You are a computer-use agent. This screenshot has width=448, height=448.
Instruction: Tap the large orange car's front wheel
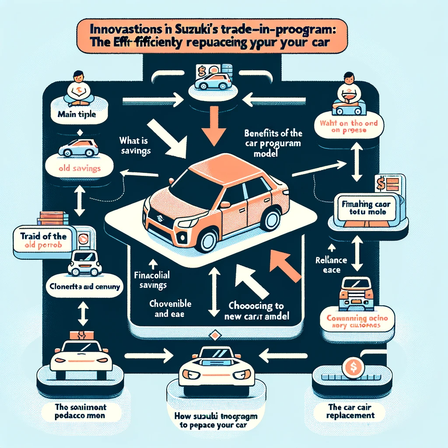[x=209, y=240]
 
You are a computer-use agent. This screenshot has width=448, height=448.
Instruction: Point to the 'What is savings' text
[x=135, y=146]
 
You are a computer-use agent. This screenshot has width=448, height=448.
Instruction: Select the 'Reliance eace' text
[x=331, y=265]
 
